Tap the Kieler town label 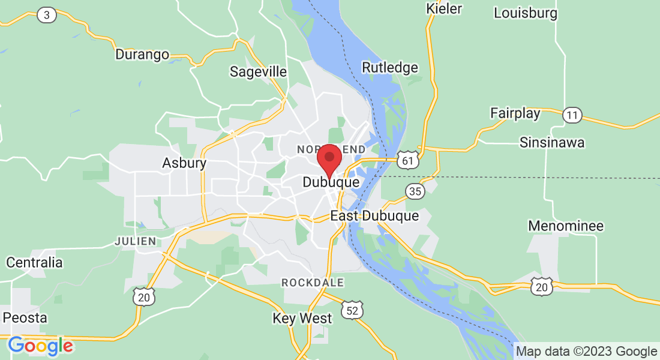(444, 8)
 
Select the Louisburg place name (525, 13)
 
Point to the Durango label (142, 55)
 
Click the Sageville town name (259, 71)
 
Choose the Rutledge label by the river (390, 67)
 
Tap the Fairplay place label (515, 113)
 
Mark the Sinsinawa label (552, 143)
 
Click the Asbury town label (184, 163)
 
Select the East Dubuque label (374, 216)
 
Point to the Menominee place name (566, 226)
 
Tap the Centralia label (34, 262)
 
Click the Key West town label (302, 318)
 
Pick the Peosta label (25, 317)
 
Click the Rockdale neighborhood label (312, 282)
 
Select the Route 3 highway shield (47, 15)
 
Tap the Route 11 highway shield (573, 115)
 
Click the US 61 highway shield (407, 160)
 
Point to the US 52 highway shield (352, 310)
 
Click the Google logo (40, 346)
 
